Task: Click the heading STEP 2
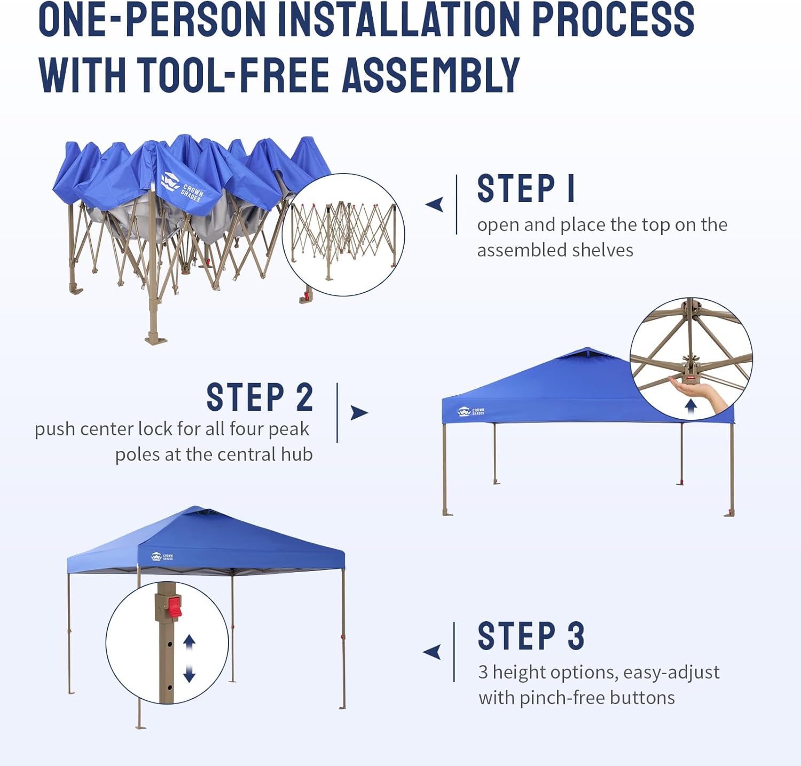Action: click(x=260, y=397)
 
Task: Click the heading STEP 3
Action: click(x=531, y=636)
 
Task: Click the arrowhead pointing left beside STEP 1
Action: click(x=435, y=204)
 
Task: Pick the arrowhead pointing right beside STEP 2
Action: click(x=359, y=412)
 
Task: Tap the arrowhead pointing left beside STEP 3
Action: click(x=432, y=652)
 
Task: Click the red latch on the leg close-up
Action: click(x=175, y=607)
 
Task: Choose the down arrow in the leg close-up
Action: click(x=189, y=674)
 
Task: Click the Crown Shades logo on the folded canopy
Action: click(x=182, y=187)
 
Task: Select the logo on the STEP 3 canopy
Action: click(x=162, y=557)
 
